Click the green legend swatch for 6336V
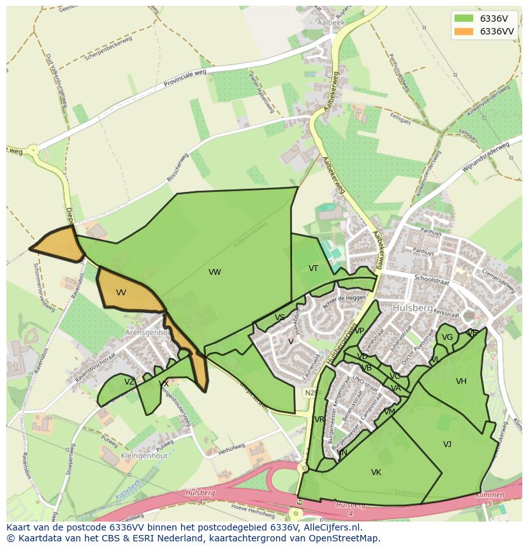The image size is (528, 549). coord(464,18)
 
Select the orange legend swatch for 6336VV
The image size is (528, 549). coord(464,31)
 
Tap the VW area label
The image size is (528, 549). coord(215,272)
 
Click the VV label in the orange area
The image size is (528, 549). coord(121,293)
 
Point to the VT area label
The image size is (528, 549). coord(313,268)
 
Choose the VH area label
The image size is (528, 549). coord(461,381)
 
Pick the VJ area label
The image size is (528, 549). coord(447,444)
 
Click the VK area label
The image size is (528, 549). coord(376,472)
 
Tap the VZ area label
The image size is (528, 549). coord(129,382)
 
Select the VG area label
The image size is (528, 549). coord(447,337)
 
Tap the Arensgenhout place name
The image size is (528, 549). coord(143,332)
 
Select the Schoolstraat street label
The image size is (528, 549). coord(432,279)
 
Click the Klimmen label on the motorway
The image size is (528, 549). coord(489,495)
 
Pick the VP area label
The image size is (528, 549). coord(359,331)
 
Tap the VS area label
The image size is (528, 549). coord(280,318)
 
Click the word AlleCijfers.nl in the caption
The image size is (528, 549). coord(332,527)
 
